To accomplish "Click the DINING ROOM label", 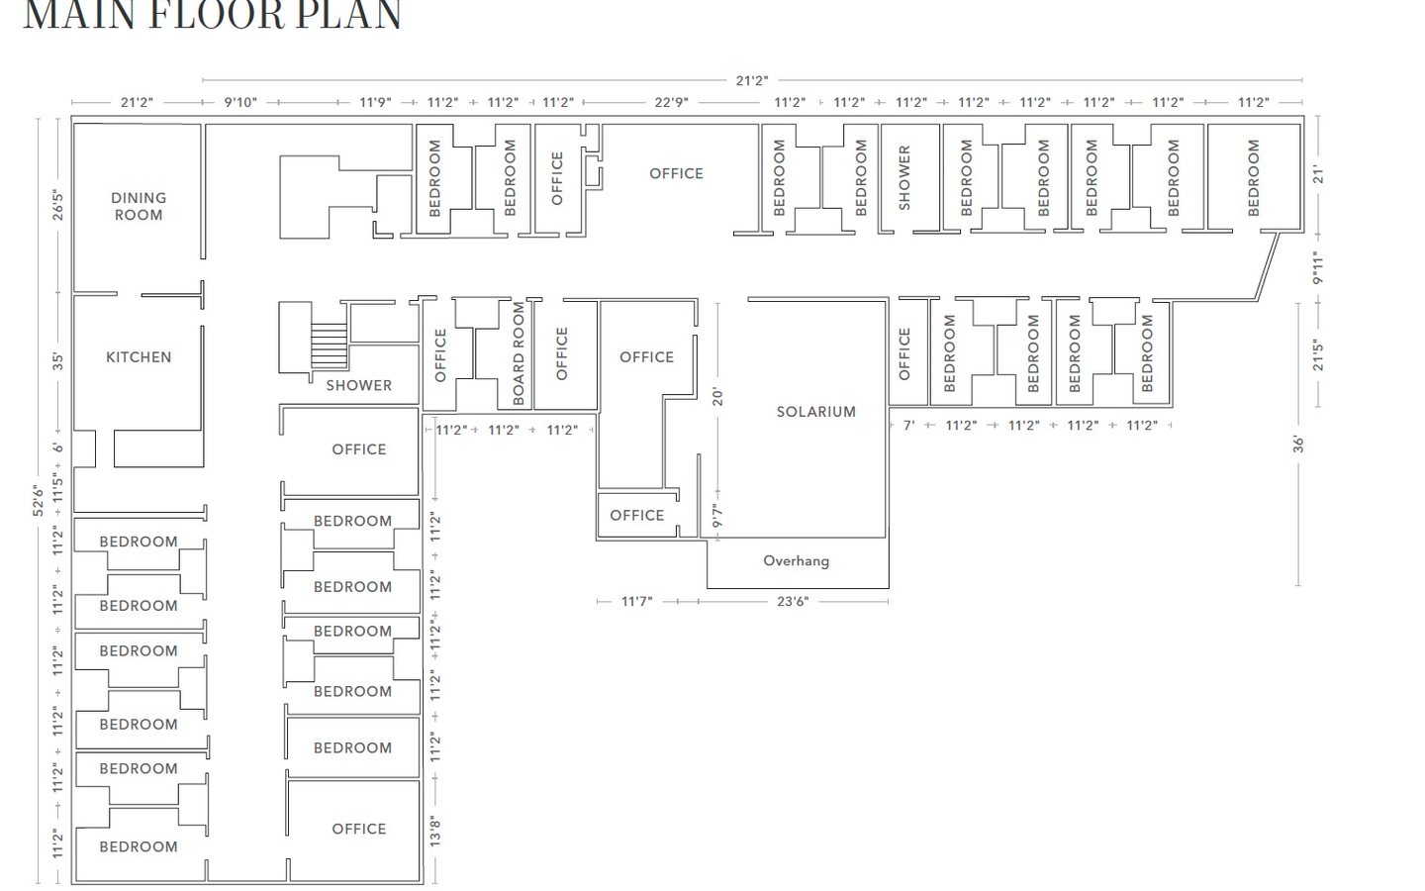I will (x=139, y=206).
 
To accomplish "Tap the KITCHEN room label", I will (x=139, y=357).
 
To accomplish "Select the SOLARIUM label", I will (x=815, y=412).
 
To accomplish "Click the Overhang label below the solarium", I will (x=796, y=561).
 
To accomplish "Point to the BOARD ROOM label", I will (x=519, y=353).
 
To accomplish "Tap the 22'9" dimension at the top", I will (x=671, y=102).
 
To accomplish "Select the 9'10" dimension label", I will (x=239, y=102).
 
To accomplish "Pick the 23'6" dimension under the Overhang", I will (x=792, y=601).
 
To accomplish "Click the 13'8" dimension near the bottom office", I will (x=433, y=831).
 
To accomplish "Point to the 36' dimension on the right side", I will (x=1298, y=444).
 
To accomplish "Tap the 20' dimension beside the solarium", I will (x=718, y=396).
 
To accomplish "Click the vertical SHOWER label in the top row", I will (x=903, y=178).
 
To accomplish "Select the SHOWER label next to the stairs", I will (x=358, y=385).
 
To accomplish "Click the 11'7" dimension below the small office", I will (x=637, y=601).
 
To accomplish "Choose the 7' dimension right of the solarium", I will (x=908, y=426).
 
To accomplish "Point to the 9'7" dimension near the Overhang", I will (x=718, y=518).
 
